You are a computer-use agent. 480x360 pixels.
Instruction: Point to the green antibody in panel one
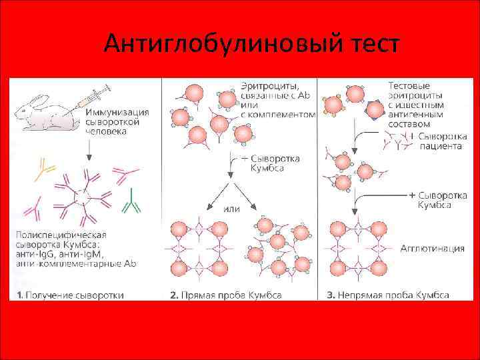[133, 199]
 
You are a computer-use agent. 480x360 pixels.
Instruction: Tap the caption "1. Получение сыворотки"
[71, 295]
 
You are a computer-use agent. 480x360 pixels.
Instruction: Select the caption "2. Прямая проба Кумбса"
[226, 295]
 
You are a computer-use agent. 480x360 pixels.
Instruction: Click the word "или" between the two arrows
[231, 209]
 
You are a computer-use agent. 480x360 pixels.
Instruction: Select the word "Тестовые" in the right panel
[409, 86]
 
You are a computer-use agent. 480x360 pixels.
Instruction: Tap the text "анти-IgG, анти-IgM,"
[64, 255]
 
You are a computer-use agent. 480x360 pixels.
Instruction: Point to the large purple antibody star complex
[83, 197]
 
